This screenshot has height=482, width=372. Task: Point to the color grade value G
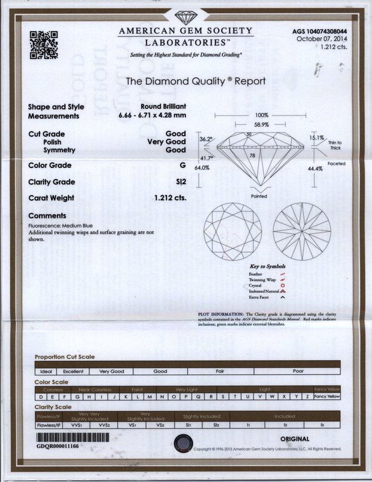tap(183, 166)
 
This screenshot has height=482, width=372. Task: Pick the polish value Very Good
tap(167, 142)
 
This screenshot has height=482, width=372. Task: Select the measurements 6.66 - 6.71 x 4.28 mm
tap(152, 115)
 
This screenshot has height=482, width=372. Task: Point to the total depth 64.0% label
tap(202, 168)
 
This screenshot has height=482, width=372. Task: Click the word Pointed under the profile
tap(259, 196)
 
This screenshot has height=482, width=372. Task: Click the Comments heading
tap(47, 216)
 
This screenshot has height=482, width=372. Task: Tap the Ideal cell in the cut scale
tap(46, 372)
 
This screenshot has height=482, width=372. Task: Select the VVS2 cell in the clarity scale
tap(105, 424)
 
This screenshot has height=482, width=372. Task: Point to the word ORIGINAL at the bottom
tap(295, 439)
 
